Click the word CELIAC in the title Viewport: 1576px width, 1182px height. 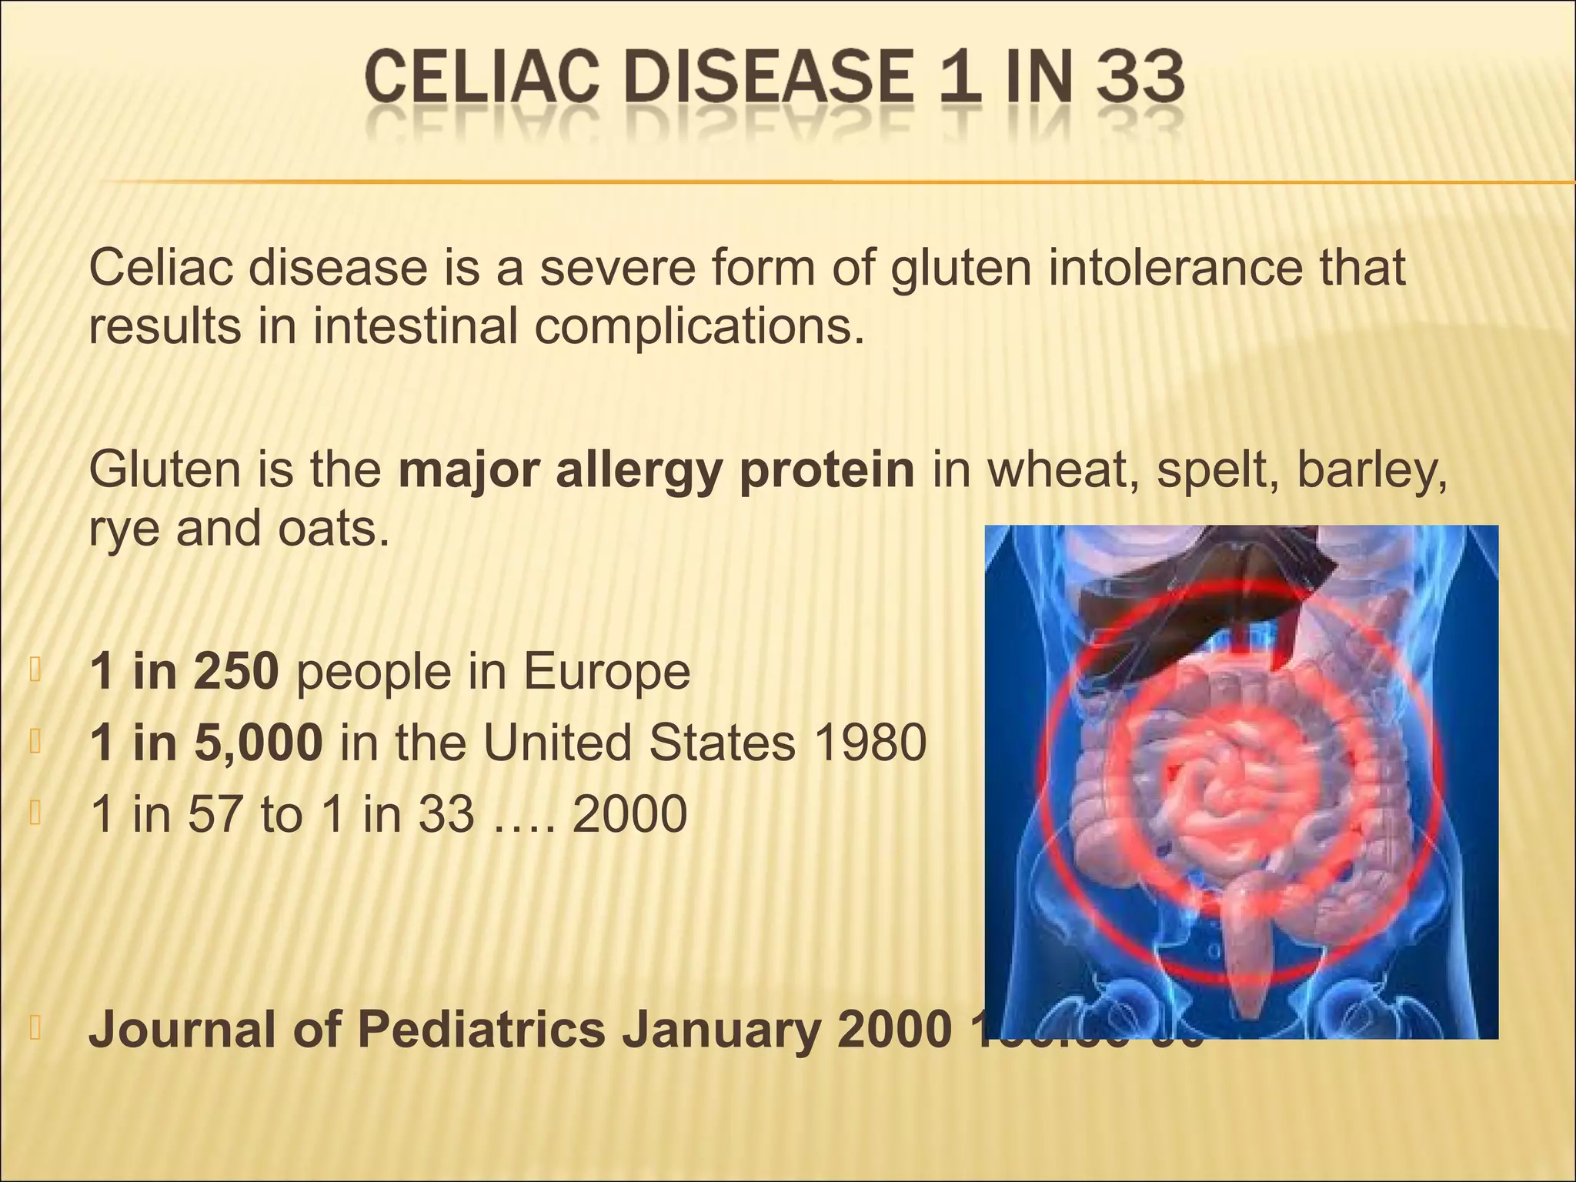click(x=481, y=78)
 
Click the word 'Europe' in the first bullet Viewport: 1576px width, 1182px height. click(x=606, y=673)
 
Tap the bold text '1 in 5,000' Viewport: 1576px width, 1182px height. click(x=205, y=743)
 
